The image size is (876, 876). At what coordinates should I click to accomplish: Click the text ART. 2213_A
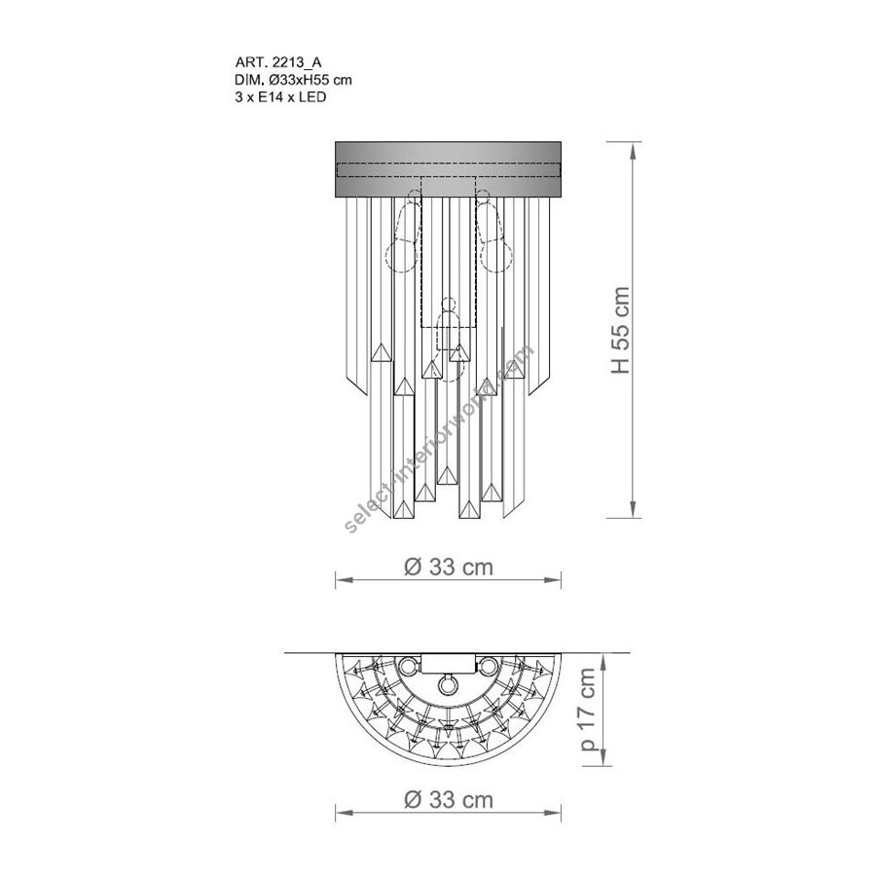point(278,63)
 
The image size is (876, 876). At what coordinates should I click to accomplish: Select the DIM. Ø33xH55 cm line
point(293,80)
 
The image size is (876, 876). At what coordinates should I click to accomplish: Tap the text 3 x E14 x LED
point(280,97)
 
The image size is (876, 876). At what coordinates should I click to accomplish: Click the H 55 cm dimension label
point(620,330)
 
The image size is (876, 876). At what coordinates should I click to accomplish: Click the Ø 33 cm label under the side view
point(449,567)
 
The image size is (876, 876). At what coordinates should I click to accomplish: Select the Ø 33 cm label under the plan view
point(449,799)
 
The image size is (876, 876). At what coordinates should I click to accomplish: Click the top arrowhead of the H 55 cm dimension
point(633,150)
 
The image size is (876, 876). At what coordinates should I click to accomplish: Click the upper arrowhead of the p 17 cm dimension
point(603,660)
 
